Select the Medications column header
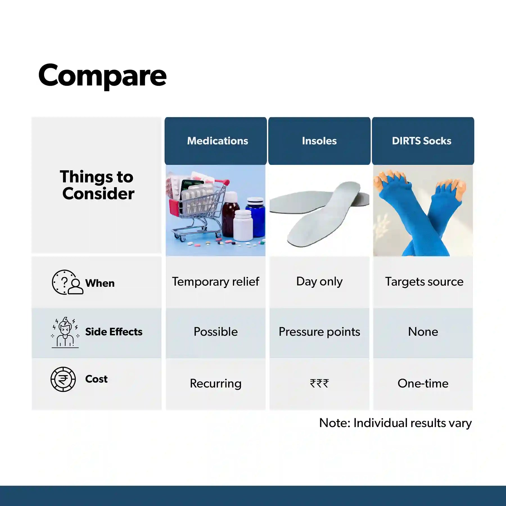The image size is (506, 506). [216, 141]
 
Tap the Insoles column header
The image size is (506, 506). [319, 141]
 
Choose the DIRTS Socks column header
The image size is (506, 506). [423, 141]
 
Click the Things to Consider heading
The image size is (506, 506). [97, 185]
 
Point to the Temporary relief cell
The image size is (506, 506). [216, 282]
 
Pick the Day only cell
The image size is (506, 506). [319, 282]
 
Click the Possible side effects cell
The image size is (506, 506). [216, 332]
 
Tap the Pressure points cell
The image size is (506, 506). [319, 332]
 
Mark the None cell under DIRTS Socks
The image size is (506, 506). [423, 332]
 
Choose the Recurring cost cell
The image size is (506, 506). [216, 384]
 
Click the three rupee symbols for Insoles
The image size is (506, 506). [319, 383]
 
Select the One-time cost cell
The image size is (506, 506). [423, 383]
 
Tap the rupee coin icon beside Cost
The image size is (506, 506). [63, 379]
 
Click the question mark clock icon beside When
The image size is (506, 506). [67, 282]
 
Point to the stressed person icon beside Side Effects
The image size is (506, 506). [65, 333]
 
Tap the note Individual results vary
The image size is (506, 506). [395, 423]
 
